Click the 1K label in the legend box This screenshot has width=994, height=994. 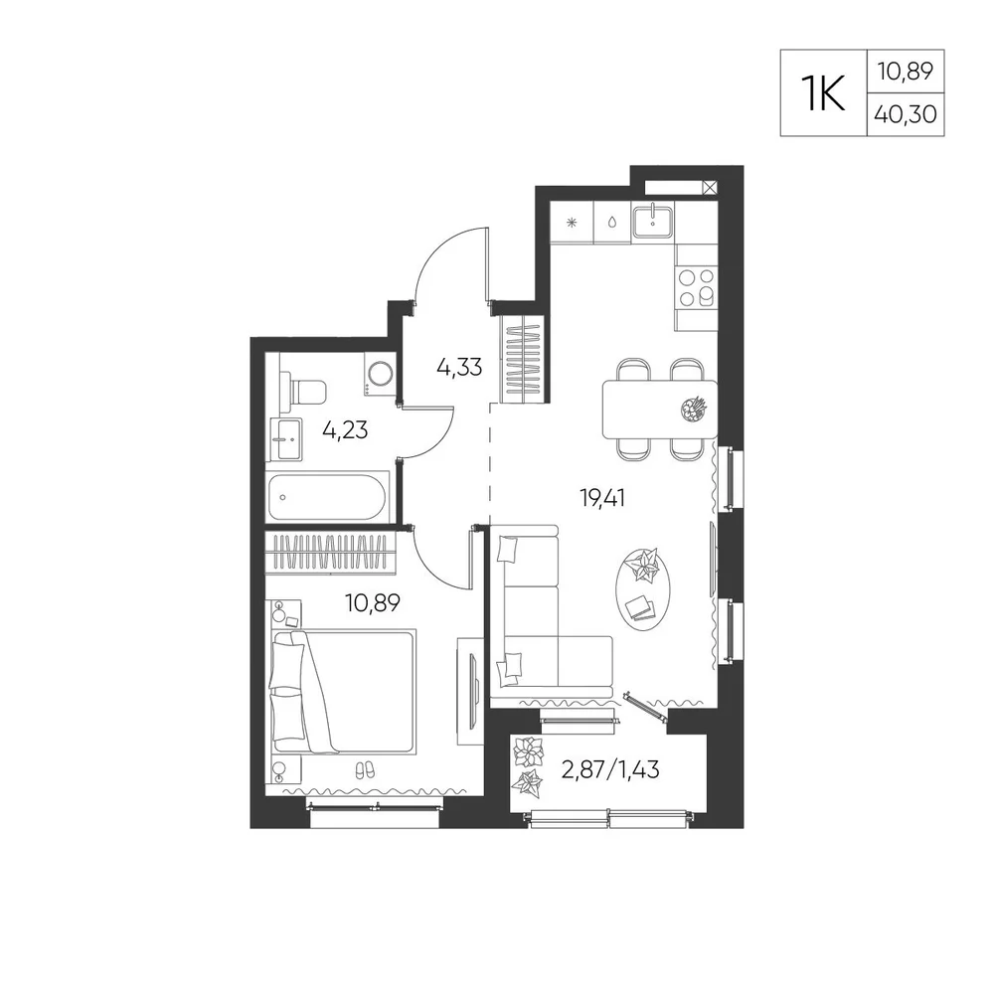pos(823,93)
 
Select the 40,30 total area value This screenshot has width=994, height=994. pos(906,114)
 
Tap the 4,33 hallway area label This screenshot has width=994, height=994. pos(459,367)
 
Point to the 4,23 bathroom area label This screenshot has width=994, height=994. pos(345,430)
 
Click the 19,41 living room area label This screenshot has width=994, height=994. pos(602,498)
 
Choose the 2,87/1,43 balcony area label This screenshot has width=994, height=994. pos(610,769)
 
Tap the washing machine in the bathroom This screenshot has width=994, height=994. pos(380,374)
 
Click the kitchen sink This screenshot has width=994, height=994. pos(653,220)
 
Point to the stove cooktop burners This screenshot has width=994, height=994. pos(696,287)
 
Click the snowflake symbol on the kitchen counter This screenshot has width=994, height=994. pos(572,223)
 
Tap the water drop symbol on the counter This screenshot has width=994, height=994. pos(612,223)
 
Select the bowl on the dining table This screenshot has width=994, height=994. pos(693,409)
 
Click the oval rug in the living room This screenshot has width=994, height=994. pos(643,588)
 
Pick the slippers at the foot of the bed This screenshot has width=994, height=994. pos(364,770)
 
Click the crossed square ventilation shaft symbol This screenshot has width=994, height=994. pos(710,187)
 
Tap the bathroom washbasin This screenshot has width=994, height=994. pos(286,439)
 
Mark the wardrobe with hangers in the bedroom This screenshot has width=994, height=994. pos(330,552)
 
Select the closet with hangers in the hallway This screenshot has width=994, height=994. pos(524,359)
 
